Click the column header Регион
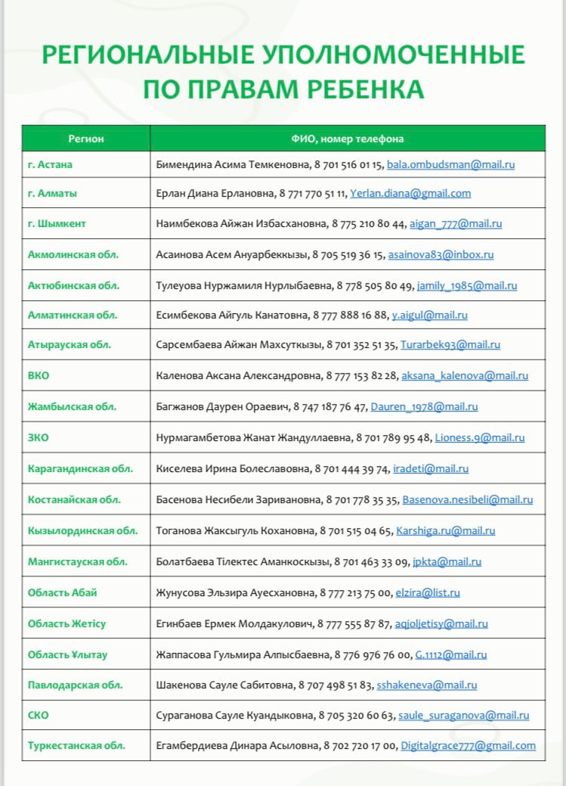[86, 138]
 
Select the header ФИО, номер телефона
[348, 138]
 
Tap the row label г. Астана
[50, 163]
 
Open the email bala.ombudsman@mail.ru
[451, 163]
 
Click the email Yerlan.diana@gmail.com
[410, 193]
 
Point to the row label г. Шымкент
[57, 223]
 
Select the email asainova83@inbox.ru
[441, 254]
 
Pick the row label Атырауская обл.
[70, 344]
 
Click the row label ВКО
[39, 375]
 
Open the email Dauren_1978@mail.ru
[424, 406]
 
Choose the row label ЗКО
[38, 437]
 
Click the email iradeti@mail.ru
[431, 468]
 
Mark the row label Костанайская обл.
[74, 499]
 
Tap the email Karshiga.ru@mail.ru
[445, 530]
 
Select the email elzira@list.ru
[428, 592]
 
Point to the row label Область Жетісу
[66, 623]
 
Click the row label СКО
[39, 715]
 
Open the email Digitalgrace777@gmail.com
[468, 745]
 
